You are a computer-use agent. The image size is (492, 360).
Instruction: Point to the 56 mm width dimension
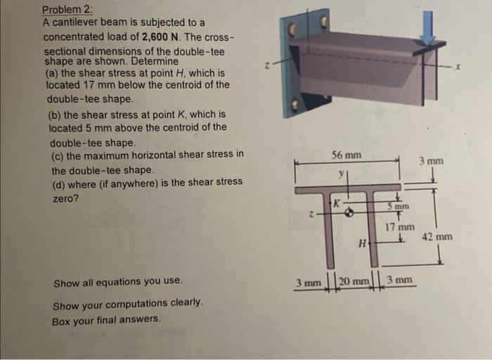347,155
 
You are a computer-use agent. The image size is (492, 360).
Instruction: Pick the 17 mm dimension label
400,227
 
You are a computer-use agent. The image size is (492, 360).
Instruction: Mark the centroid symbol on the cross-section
347,210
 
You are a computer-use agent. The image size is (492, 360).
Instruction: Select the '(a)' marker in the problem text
51,73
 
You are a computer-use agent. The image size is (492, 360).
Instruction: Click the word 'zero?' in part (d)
65,199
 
